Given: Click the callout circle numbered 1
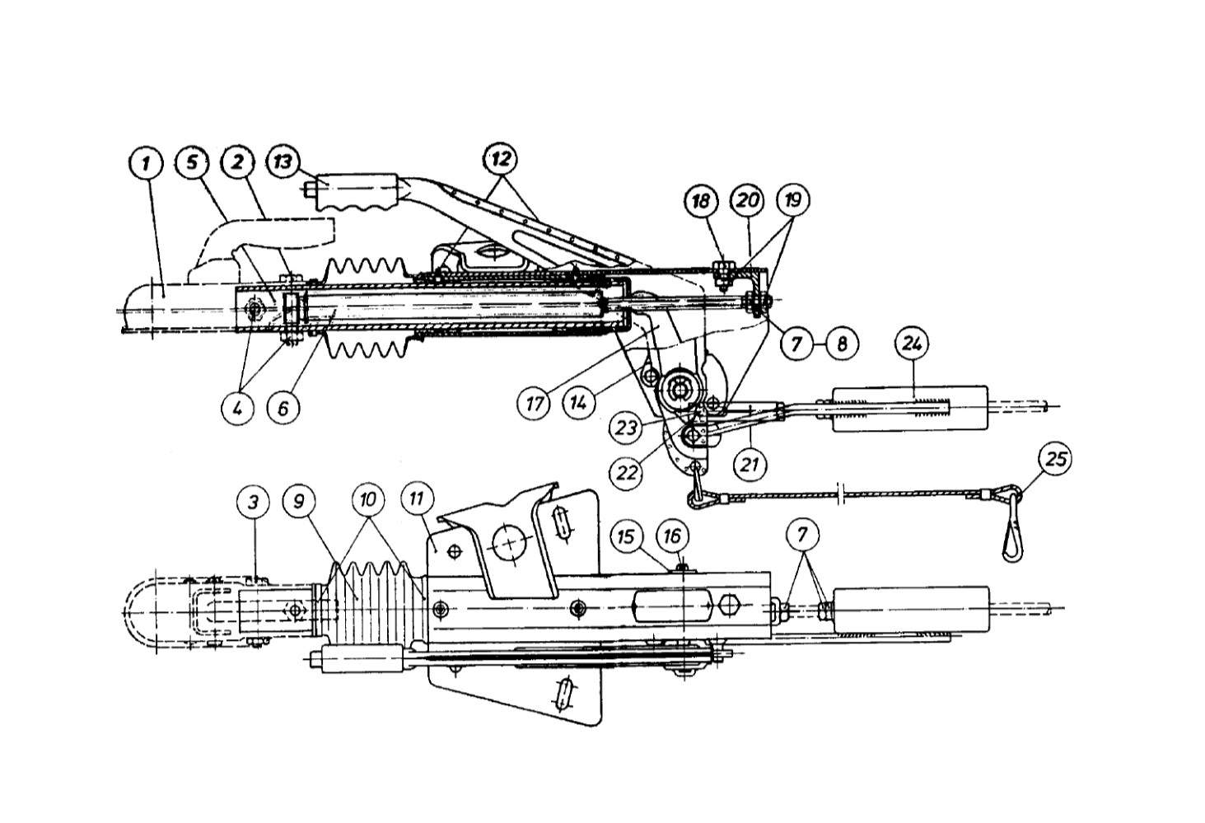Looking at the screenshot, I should (x=146, y=162).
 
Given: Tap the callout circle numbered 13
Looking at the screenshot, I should (x=282, y=161).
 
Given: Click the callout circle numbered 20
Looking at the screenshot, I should (x=748, y=202).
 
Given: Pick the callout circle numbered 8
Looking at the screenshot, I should (x=842, y=342).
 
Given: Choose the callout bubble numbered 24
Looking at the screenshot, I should (x=912, y=343).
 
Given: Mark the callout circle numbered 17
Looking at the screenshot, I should (x=535, y=404).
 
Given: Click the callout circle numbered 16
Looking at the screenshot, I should (x=672, y=536).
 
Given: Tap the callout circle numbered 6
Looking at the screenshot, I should (x=283, y=408).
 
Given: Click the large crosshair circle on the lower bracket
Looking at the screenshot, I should (x=511, y=542).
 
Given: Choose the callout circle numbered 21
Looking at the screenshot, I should (x=749, y=465).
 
